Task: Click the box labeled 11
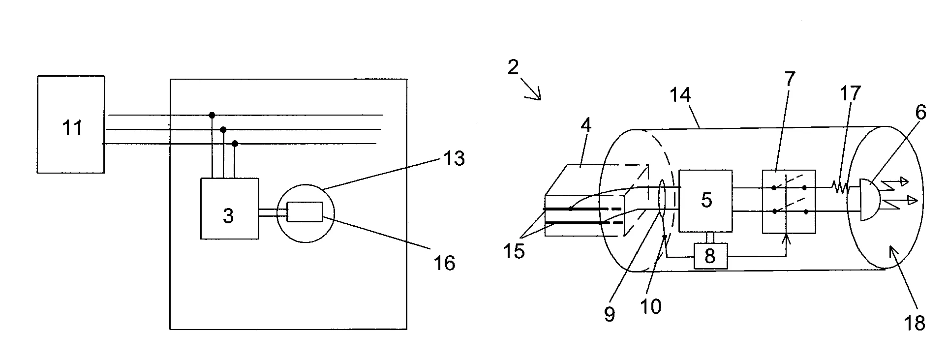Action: click(71, 124)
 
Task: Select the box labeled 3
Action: click(229, 209)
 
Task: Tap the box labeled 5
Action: click(705, 201)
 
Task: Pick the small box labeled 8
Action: click(710, 256)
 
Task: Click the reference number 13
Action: click(454, 158)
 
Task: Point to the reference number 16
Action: click(444, 263)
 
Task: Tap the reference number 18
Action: click(914, 323)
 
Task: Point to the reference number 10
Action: click(651, 306)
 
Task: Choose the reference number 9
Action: click(609, 314)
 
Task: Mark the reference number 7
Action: click(789, 79)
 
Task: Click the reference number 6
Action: click(920, 113)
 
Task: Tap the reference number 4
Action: click(585, 125)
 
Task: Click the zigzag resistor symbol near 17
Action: click(840, 187)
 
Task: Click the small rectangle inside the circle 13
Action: click(305, 212)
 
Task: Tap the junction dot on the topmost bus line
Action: click(212, 115)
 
